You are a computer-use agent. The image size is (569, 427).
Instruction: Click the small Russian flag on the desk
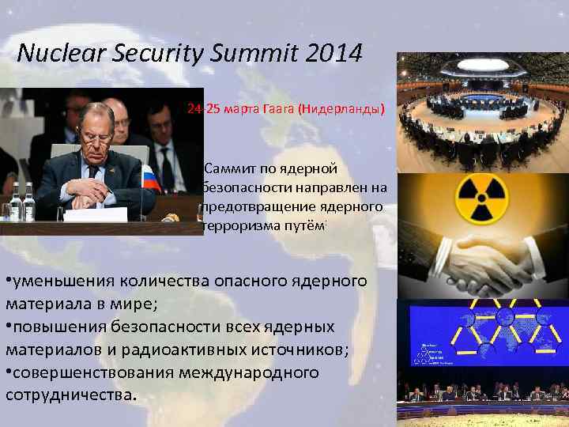click(x=149, y=177)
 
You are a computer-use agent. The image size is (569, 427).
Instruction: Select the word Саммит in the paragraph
click(x=230, y=168)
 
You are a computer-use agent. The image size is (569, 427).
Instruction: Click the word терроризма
click(x=240, y=225)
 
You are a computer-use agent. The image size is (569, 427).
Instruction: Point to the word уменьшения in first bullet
click(x=62, y=280)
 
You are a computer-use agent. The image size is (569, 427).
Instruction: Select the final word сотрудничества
click(x=70, y=395)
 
